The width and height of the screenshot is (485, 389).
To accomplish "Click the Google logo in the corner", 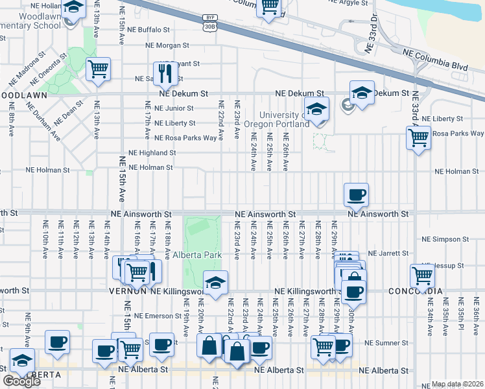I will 21,381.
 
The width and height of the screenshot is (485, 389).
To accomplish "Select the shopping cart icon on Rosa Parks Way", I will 419,137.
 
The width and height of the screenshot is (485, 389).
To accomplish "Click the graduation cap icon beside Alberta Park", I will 216,283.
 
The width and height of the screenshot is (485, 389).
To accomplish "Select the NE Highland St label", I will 152,153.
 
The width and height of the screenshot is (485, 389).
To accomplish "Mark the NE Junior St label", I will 171,108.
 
